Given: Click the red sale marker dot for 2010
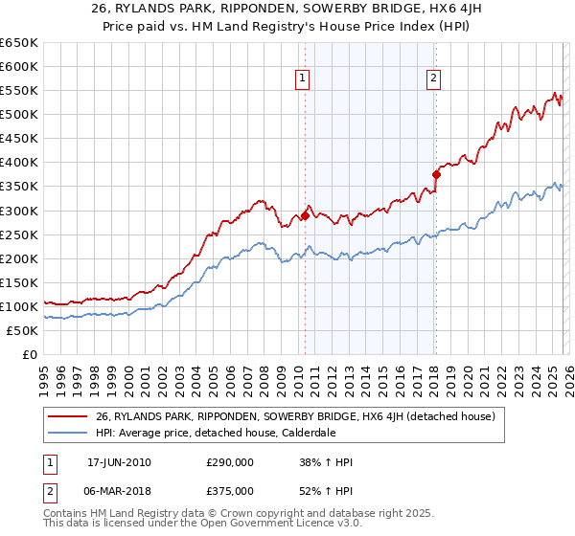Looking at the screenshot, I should tap(305, 215).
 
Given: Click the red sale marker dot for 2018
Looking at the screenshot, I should tap(436, 174).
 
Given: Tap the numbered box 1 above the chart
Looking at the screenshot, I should tap(303, 79).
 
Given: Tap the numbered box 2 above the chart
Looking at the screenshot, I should tap(434, 79).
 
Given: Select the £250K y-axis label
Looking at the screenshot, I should tap(19, 234).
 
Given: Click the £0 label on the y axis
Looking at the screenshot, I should tap(29, 355).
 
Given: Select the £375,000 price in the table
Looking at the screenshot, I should tap(230, 490).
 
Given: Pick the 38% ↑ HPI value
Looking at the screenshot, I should tap(327, 462).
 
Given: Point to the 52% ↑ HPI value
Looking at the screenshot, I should tap(327, 490).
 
